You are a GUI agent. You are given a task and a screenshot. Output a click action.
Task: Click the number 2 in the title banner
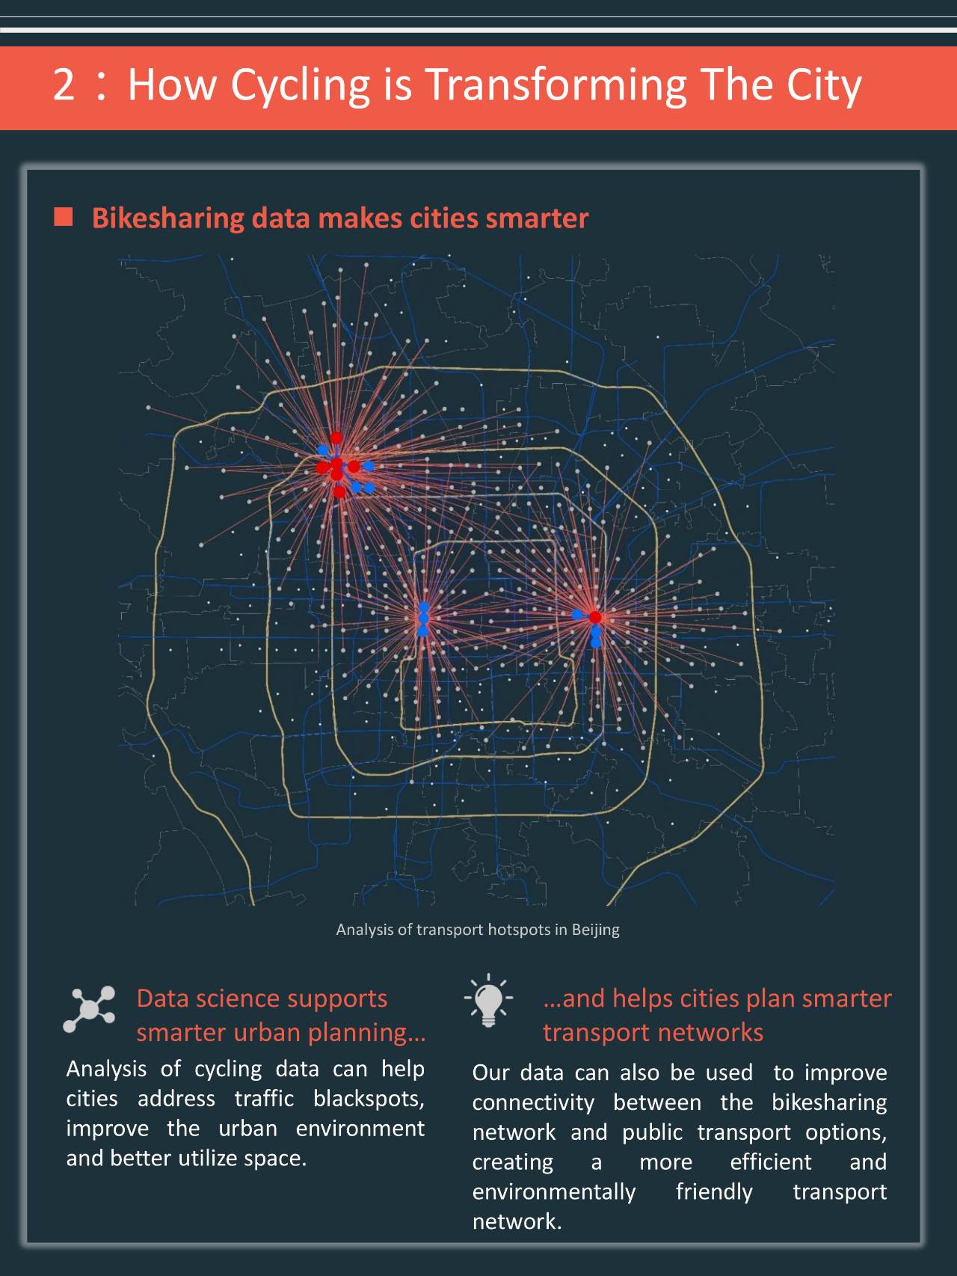pos(64,85)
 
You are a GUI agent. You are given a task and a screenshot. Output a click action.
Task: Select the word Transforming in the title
pos(556,85)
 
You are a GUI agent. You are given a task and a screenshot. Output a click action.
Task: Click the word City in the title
pos(823,85)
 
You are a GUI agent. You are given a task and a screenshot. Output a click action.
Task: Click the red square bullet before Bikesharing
pos(64,218)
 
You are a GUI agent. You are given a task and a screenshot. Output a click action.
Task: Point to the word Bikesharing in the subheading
pos(167,218)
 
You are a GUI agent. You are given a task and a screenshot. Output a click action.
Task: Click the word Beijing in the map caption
pos(595,930)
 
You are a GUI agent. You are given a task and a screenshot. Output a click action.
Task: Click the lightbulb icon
pos(488,1000)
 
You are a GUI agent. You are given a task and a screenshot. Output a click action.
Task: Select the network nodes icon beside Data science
pos(90,1009)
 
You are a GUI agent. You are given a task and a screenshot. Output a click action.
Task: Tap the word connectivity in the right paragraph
pos(532,1102)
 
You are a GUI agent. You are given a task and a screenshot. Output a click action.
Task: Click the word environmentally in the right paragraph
pos(553,1191)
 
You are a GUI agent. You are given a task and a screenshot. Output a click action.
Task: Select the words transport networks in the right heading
pos(653,1032)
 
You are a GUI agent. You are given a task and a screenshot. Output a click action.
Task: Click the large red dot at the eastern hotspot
pos(595,617)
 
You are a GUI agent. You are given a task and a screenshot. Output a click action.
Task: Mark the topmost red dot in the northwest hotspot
pos(336,438)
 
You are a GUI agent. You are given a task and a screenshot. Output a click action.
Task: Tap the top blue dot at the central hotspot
pos(424,607)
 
